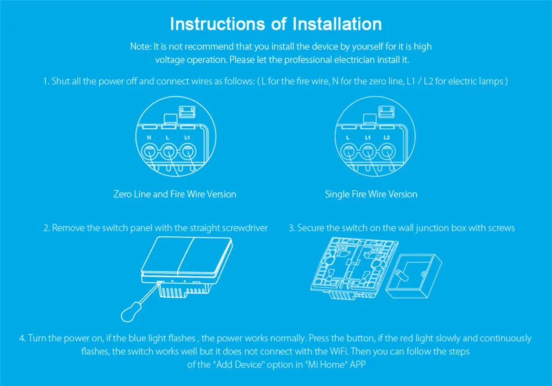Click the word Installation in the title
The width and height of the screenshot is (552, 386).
click(337, 24)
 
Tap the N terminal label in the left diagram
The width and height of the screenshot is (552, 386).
click(149, 138)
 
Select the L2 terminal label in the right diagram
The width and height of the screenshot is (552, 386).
click(386, 138)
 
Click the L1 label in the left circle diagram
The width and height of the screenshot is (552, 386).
click(187, 138)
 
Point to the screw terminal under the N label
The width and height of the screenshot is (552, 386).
click(149, 153)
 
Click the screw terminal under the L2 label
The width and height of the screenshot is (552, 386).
click(387, 153)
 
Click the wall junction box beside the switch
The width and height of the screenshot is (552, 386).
click(414, 276)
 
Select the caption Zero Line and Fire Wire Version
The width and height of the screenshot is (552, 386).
click(175, 194)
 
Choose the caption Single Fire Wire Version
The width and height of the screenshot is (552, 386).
click(371, 194)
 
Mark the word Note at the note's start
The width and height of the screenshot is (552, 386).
click(141, 46)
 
